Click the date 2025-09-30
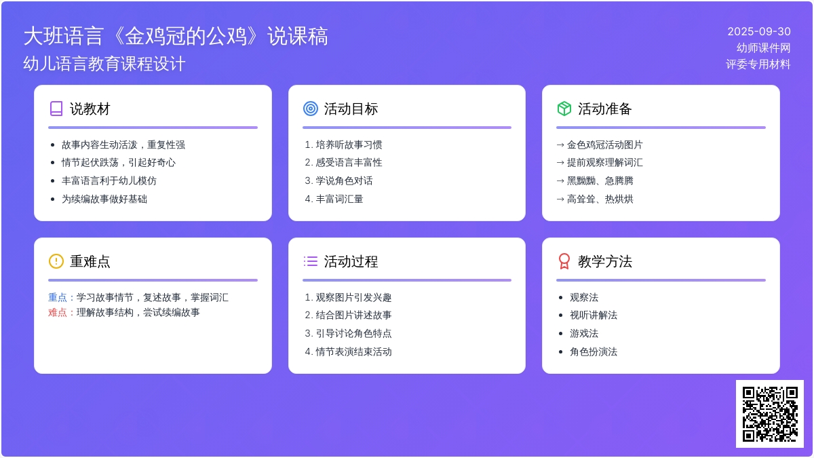coord(759,32)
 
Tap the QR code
coord(770,414)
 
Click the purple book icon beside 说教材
coord(56,109)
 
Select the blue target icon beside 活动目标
coord(311,109)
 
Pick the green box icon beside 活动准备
coord(564,109)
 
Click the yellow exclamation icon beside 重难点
coord(56,261)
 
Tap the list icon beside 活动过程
coord(311,261)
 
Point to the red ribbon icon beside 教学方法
coord(564,261)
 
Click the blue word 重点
coord(58,297)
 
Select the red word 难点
coord(58,312)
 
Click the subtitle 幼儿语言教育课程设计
coord(104,64)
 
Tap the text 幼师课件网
coord(763,48)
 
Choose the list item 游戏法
coord(584,333)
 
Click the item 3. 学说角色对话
coord(338,180)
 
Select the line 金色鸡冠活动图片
coord(604,145)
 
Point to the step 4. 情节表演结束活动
coord(348,351)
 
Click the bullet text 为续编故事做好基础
coord(104,199)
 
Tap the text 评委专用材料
coord(758,64)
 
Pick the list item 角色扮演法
coord(594,351)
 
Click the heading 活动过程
coord(351,261)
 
